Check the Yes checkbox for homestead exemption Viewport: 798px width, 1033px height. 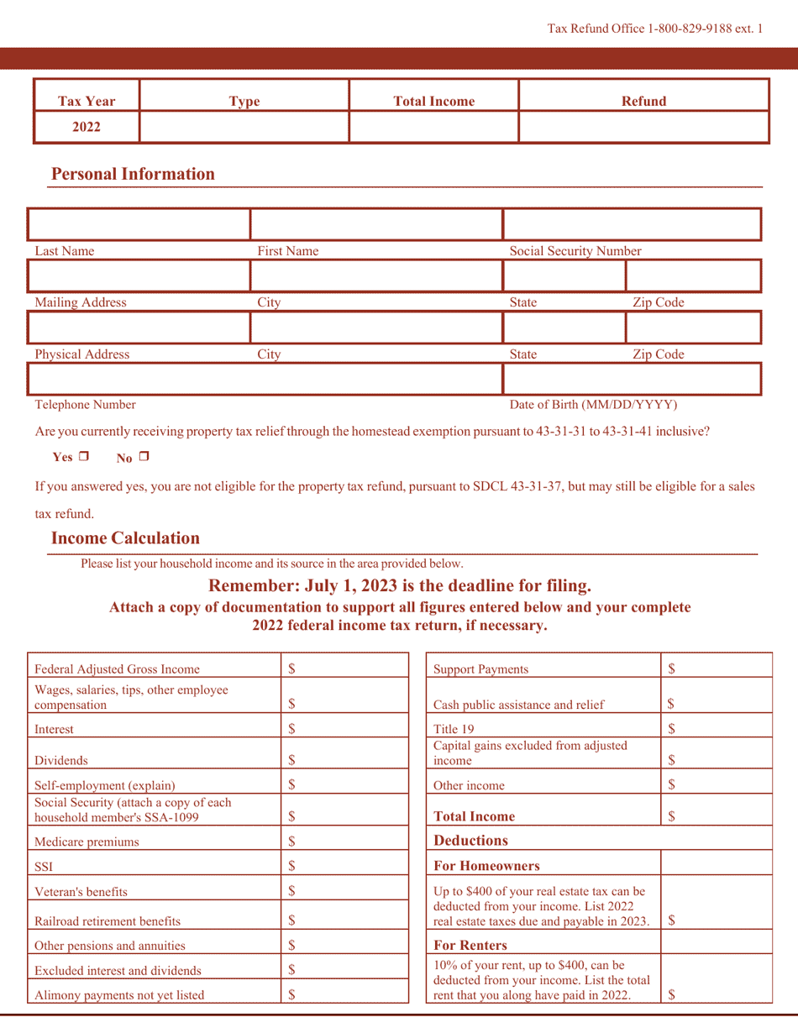83,458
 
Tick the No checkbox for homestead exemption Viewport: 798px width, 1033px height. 144,458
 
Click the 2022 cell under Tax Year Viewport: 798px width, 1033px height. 86,128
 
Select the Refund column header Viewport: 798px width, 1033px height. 643,102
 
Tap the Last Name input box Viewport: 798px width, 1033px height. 139,225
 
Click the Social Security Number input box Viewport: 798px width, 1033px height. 632,225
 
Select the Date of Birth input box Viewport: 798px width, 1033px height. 632,379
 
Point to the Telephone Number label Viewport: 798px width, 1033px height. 85,405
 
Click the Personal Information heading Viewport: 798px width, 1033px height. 133,175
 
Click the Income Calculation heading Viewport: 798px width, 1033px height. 125,537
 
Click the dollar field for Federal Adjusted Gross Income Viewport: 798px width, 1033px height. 340,669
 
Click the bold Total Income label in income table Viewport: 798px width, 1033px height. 474,815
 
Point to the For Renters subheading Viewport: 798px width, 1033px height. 470,946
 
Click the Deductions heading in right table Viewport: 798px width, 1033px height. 470,840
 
